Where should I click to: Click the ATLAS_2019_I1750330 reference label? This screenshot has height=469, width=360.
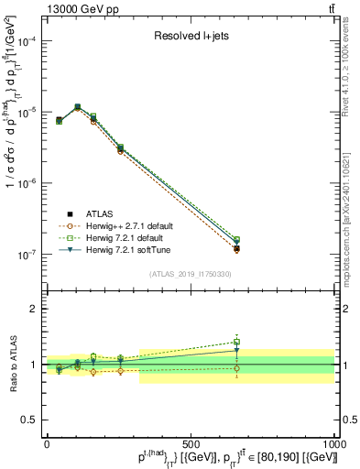pos(190,273)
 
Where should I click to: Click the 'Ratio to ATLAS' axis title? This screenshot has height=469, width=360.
pos(11,364)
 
